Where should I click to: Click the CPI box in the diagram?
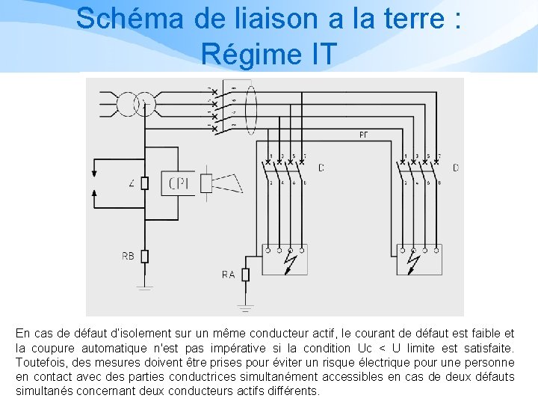point(179,183)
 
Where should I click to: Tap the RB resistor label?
point(128,256)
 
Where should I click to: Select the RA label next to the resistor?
point(228,275)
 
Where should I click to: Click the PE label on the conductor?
point(363,135)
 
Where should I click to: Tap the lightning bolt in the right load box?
point(414,261)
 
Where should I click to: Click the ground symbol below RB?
point(144,287)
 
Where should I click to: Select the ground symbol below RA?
point(245,307)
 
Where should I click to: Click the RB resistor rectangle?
point(144,256)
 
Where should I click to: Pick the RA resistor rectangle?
point(245,275)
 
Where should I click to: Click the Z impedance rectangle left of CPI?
point(144,183)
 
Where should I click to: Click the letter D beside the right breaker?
point(456,168)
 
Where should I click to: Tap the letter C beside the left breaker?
point(321,168)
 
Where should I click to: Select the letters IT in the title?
point(321,53)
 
